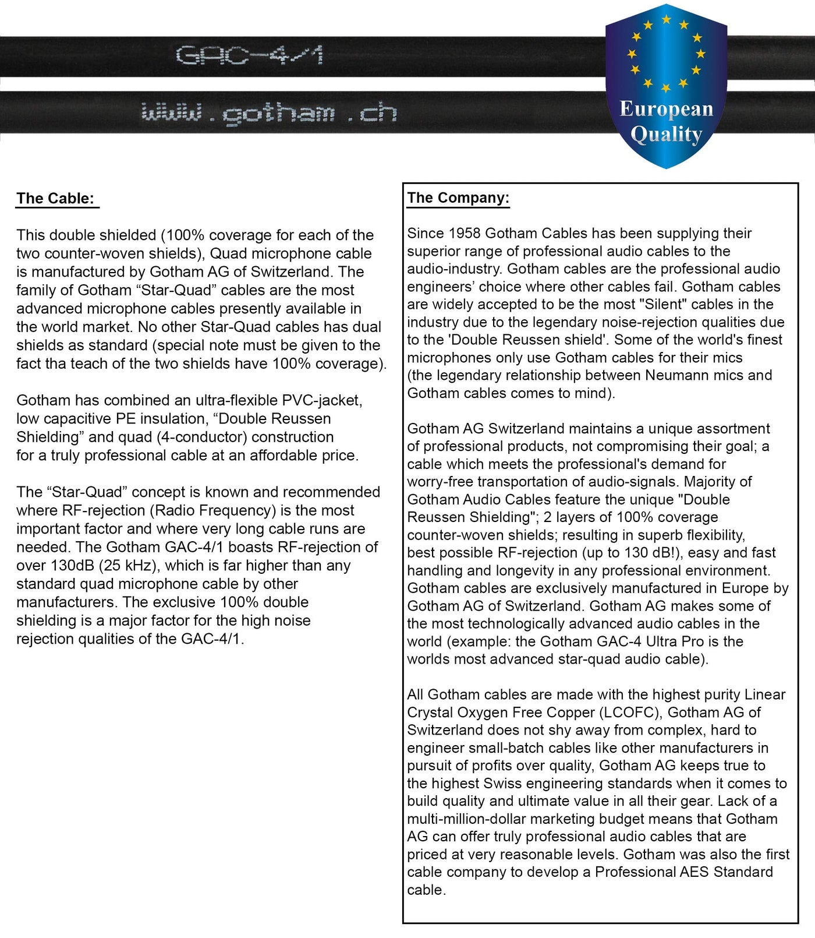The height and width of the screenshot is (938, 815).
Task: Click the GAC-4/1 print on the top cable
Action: point(249,56)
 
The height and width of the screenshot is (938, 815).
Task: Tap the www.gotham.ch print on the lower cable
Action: point(269,113)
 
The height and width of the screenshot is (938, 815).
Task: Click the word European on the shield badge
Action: point(666,109)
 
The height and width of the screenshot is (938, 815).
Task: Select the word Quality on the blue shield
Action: point(666,135)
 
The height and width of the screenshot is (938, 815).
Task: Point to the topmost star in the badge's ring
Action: point(667,20)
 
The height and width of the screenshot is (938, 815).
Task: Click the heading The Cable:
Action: point(55,199)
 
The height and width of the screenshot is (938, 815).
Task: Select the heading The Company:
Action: point(458,198)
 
